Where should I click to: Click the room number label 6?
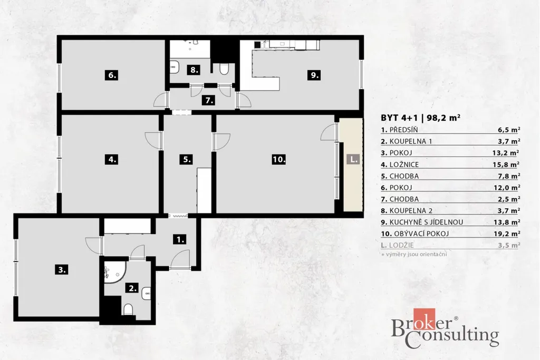click(x=112, y=75)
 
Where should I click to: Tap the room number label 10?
click(x=278, y=159)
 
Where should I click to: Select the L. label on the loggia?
click(x=353, y=159)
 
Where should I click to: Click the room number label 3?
click(x=62, y=269)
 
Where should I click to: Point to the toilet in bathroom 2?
click(x=128, y=309)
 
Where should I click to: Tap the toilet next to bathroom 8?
click(x=224, y=69)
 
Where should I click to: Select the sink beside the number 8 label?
click(x=175, y=67)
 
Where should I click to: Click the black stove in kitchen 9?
click(x=257, y=44)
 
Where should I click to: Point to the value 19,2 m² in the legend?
click(x=506, y=233)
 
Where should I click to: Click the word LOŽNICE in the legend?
click(x=404, y=164)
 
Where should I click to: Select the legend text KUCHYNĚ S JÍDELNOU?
click(x=426, y=222)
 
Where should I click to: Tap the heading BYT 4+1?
click(x=399, y=118)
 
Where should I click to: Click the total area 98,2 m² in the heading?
click(x=443, y=118)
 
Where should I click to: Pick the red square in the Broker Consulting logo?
click(x=425, y=319)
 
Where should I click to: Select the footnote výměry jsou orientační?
click(x=417, y=255)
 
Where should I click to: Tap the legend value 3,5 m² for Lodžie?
click(x=509, y=246)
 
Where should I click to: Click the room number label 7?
click(x=209, y=101)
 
